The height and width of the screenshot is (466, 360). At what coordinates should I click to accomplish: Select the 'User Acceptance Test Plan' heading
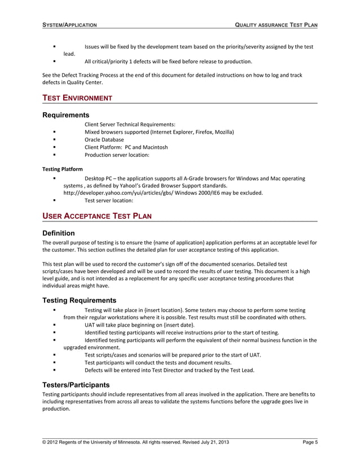(96, 216)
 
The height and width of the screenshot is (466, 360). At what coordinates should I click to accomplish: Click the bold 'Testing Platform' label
(63, 169)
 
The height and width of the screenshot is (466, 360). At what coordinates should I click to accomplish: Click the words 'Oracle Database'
(104, 139)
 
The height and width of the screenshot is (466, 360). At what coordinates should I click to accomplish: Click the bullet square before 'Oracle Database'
(54, 139)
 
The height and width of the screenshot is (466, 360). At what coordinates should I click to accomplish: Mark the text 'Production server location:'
(117, 155)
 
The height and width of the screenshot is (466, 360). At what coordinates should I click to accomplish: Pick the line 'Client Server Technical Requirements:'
(130, 124)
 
